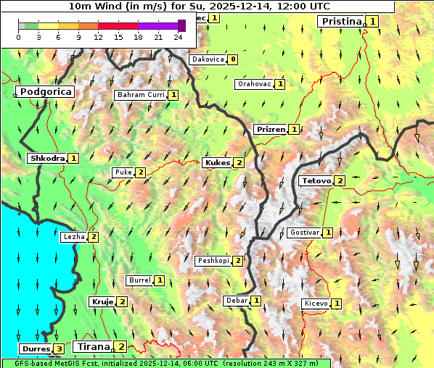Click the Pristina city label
(x=340, y=22)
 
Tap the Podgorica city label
(x=45, y=92)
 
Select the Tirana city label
(x=93, y=346)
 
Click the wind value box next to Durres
(x=58, y=349)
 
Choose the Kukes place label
(x=217, y=163)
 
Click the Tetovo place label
(x=316, y=180)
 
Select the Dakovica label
(x=207, y=59)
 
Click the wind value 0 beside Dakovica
(x=232, y=59)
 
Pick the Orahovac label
(x=254, y=84)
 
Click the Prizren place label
(x=270, y=130)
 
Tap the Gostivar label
(x=303, y=233)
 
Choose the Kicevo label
(x=316, y=304)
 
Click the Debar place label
(x=237, y=301)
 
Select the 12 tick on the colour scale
(x=98, y=36)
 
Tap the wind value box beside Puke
(x=140, y=172)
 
